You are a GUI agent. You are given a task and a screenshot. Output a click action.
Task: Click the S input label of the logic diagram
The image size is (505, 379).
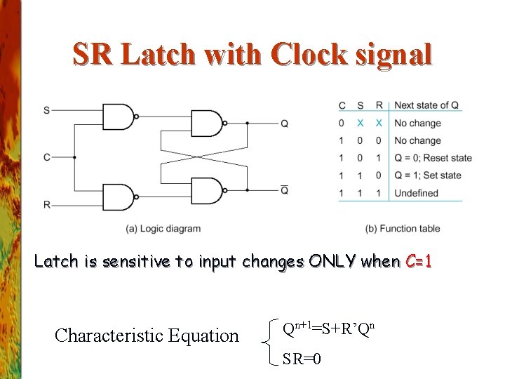point(46,110)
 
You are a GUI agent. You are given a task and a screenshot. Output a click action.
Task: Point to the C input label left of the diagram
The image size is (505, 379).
point(46,157)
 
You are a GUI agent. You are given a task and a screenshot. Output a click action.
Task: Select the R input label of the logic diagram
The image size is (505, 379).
point(46,204)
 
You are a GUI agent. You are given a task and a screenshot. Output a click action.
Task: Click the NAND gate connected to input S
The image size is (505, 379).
point(118,117)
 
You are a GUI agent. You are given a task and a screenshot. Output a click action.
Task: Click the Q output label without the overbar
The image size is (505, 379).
point(284,124)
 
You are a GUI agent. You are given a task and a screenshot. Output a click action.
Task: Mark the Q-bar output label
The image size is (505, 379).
point(284,190)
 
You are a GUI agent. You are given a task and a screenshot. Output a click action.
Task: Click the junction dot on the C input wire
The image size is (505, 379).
point(74,157)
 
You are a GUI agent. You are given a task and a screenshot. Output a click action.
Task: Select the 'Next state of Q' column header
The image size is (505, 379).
point(426,105)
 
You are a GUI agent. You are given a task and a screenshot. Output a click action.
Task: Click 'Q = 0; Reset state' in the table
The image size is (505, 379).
point(433,158)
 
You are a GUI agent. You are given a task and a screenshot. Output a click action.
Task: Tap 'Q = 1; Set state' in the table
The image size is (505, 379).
point(428,175)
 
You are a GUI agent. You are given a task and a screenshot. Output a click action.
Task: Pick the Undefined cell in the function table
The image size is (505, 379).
point(416,193)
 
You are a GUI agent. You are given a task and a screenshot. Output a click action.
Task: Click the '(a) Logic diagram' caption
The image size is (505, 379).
point(163,228)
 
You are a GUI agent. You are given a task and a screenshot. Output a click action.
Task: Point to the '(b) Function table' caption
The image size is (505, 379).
point(403,228)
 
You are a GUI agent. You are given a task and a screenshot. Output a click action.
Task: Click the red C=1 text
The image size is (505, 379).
point(419,262)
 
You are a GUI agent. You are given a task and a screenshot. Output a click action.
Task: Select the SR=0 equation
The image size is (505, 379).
point(302,359)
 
